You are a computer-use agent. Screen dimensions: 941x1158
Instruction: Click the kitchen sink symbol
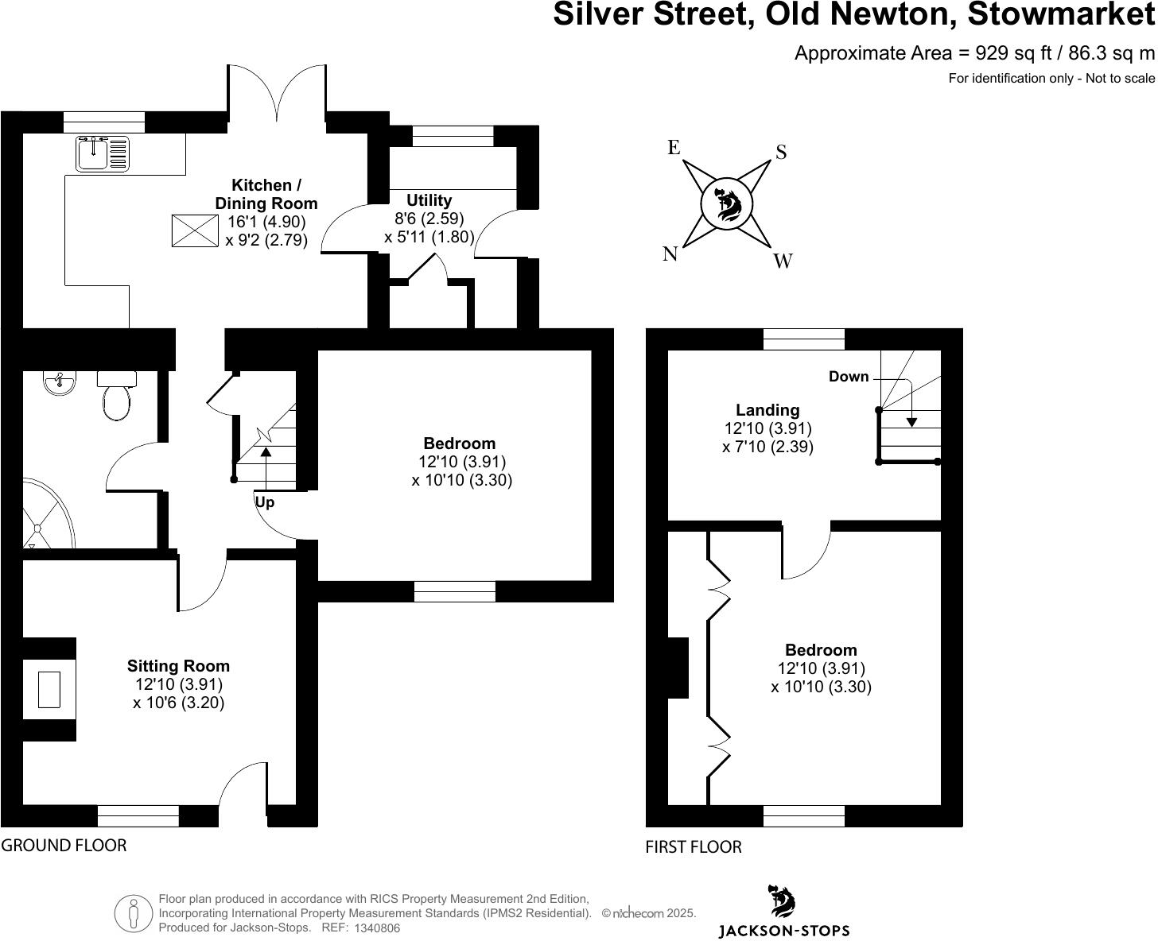click(103, 153)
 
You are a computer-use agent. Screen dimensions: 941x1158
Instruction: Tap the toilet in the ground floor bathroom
click(116, 397)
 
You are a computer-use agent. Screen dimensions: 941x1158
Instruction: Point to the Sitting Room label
click(178, 666)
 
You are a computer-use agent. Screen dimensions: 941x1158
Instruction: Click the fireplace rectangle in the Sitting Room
click(49, 689)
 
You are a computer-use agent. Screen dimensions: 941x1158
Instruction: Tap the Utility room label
click(429, 200)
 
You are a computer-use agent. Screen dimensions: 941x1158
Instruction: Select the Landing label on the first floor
click(767, 410)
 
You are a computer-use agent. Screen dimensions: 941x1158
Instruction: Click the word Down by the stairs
click(849, 377)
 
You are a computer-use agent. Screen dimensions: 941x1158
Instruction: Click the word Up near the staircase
click(265, 502)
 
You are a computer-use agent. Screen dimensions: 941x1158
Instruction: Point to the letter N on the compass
click(670, 254)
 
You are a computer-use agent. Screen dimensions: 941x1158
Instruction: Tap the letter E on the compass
click(674, 148)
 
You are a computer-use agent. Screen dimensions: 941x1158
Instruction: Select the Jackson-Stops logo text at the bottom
click(783, 931)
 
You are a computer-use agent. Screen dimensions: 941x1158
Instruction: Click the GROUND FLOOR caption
click(64, 845)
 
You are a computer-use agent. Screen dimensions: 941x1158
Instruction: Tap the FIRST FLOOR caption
click(693, 847)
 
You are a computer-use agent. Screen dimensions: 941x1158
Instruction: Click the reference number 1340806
click(377, 927)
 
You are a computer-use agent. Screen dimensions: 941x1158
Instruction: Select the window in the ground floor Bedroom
click(455, 591)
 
